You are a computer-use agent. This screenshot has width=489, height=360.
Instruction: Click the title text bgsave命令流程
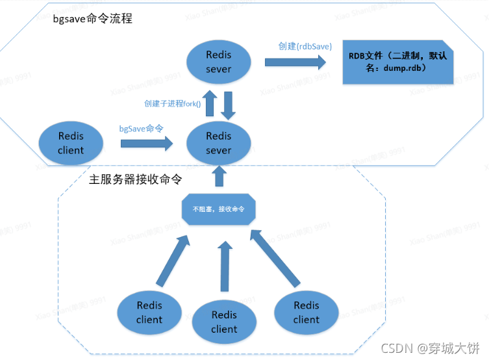pyautogui.click(x=92, y=19)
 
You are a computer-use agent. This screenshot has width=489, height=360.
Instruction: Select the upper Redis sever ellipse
pyautogui.click(x=218, y=62)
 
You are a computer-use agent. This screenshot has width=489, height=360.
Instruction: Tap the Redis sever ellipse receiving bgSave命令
pyautogui.click(x=218, y=143)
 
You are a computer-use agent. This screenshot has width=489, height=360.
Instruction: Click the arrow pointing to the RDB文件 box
pyautogui.click(x=295, y=62)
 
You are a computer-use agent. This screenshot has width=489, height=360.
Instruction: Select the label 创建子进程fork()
pyautogui.click(x=172, y=103)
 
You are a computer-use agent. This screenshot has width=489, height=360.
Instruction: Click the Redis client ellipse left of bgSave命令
pyautogui.click(x=71, y=143)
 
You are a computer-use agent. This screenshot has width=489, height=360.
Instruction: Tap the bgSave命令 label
pyautogui.click(x=141, y=129)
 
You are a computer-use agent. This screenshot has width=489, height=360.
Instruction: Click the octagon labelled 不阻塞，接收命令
pyautogui.click(x=218, y=209)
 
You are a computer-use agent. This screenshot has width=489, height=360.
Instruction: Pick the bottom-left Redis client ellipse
pyautogui.click(x=149, y=312)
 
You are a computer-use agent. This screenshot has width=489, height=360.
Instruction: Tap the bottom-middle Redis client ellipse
pyautogui.click(x=224, y=322)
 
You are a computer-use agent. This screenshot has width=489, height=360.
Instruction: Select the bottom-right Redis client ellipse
pyautogui.click(x=306, y=312)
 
